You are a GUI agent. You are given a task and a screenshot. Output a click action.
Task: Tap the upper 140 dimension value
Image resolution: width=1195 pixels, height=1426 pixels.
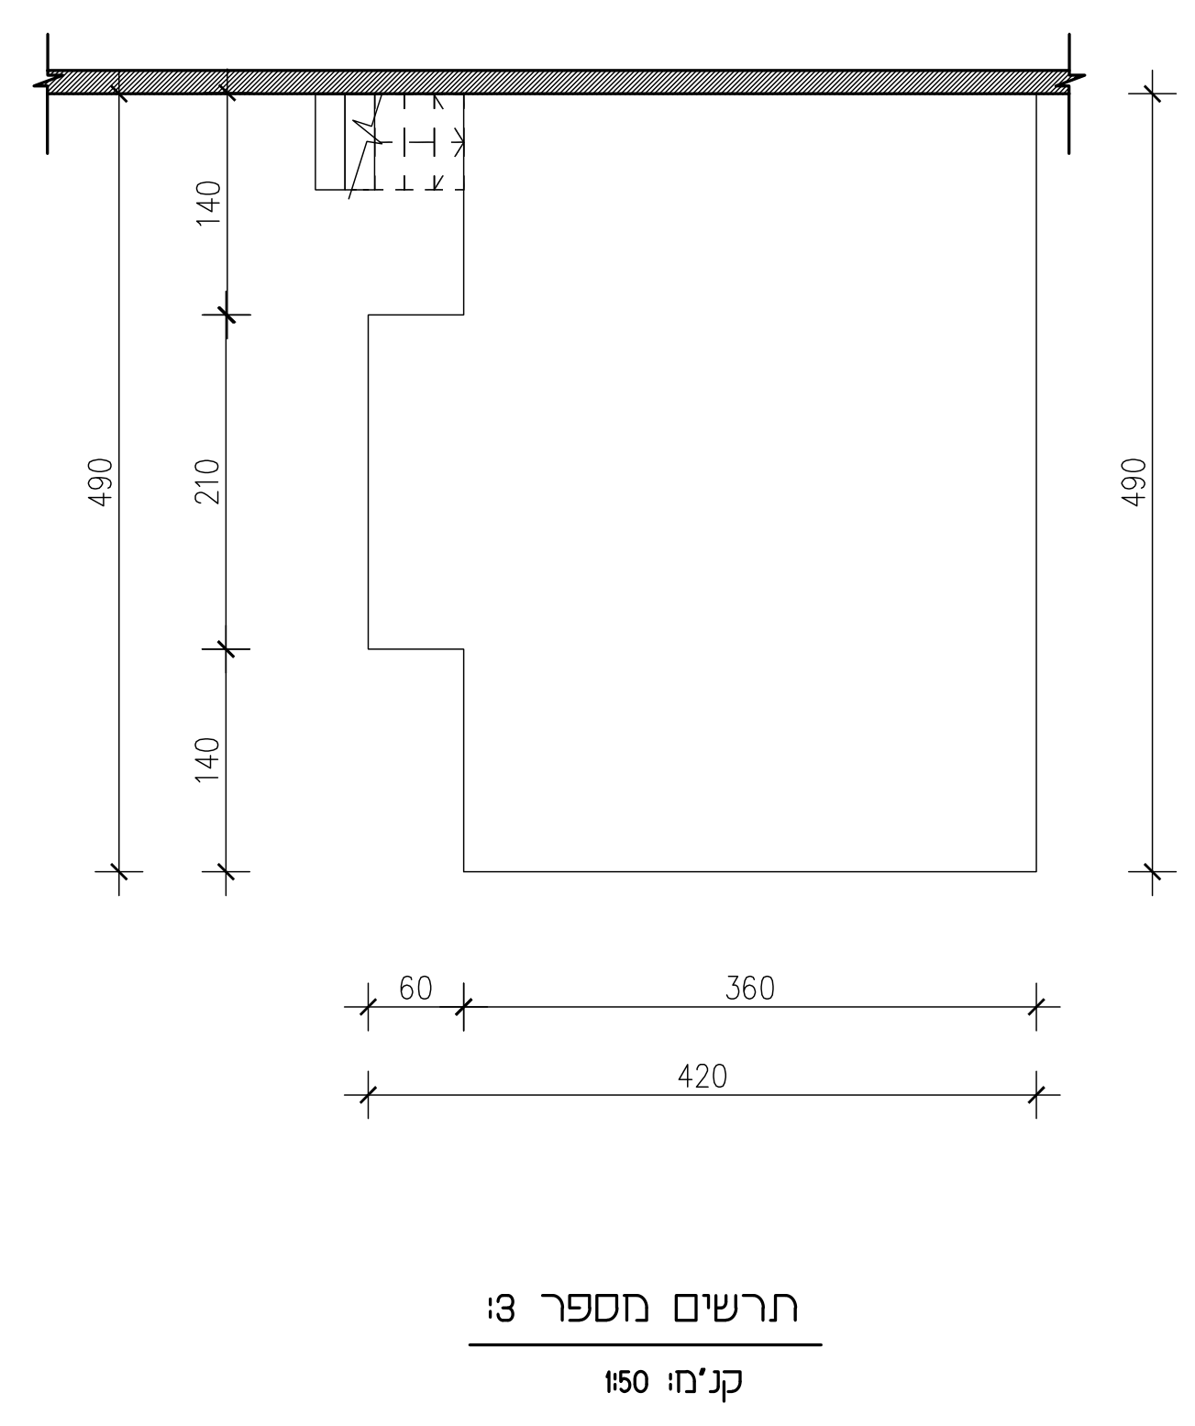pos(207,203)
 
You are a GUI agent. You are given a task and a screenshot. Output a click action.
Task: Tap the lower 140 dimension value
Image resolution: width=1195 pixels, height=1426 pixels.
pos(207,759)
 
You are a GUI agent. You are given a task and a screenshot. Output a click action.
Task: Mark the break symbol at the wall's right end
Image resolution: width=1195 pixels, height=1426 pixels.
pos(1070,82)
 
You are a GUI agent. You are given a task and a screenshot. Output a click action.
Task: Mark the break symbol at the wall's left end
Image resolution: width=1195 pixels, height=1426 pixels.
pos(48,82)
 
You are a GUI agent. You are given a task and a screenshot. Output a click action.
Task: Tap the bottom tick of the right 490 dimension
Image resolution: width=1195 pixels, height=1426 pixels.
pos(1152,871)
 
